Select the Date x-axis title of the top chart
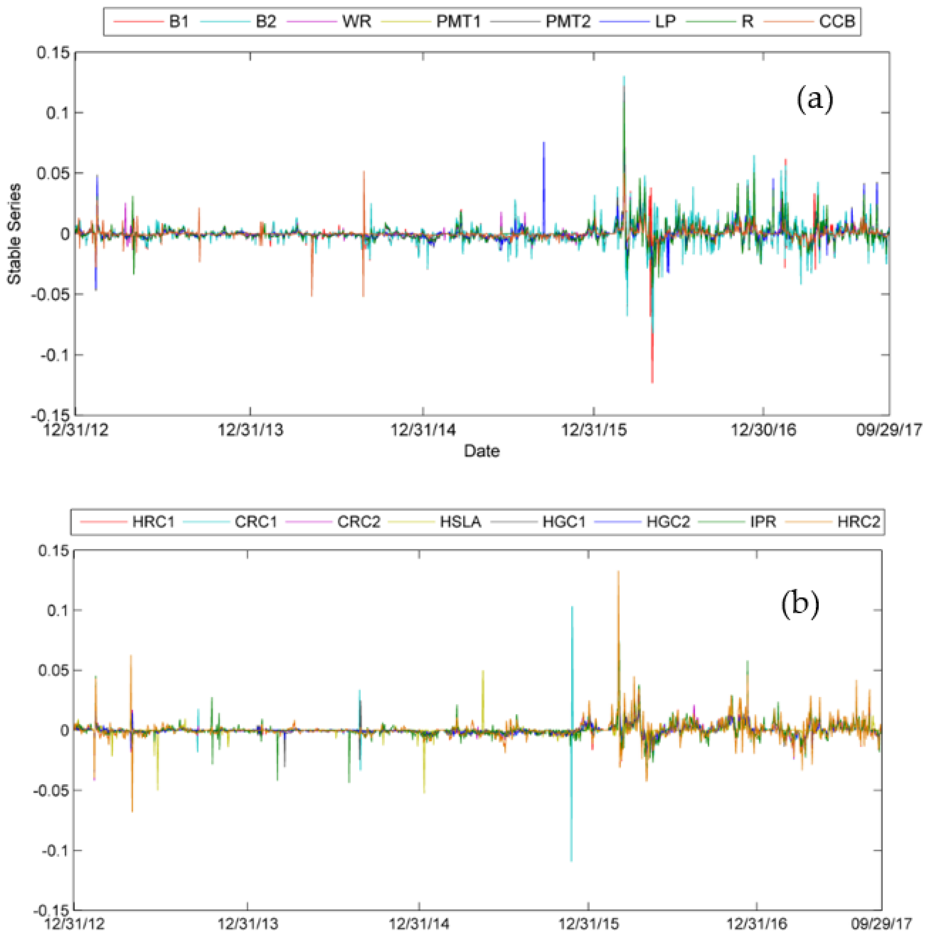click(x=482, y=451)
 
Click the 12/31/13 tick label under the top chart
click(x=250, y=429)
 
